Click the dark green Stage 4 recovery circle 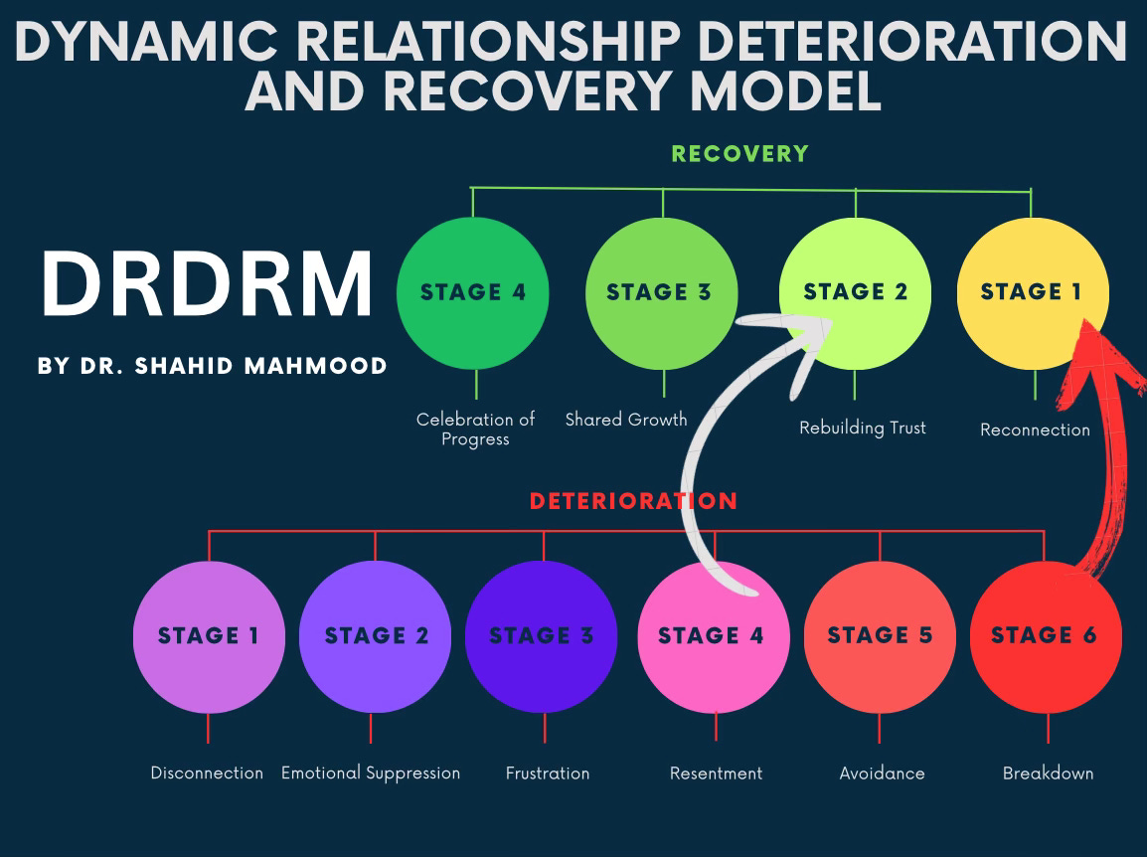(x=472, y=292)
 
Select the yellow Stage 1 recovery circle (x=1031, y=292)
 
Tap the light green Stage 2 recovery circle (x=855, y=292)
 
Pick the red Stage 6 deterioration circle (x=1045, y=636)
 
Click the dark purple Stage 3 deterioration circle (x=542, y=636)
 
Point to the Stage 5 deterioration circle (x=880, y=636)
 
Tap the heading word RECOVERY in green (x=740, y=154)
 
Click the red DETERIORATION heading (x=633, y=501)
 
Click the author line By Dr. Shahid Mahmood (x=213, y=366)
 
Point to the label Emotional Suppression (x=371, y=772)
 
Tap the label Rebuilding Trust (x=863, y=428)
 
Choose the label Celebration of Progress (x=475, y=428)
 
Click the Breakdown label (x=1048, y=772)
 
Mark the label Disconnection (x=207, y=772)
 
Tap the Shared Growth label (x=626, y=420)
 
